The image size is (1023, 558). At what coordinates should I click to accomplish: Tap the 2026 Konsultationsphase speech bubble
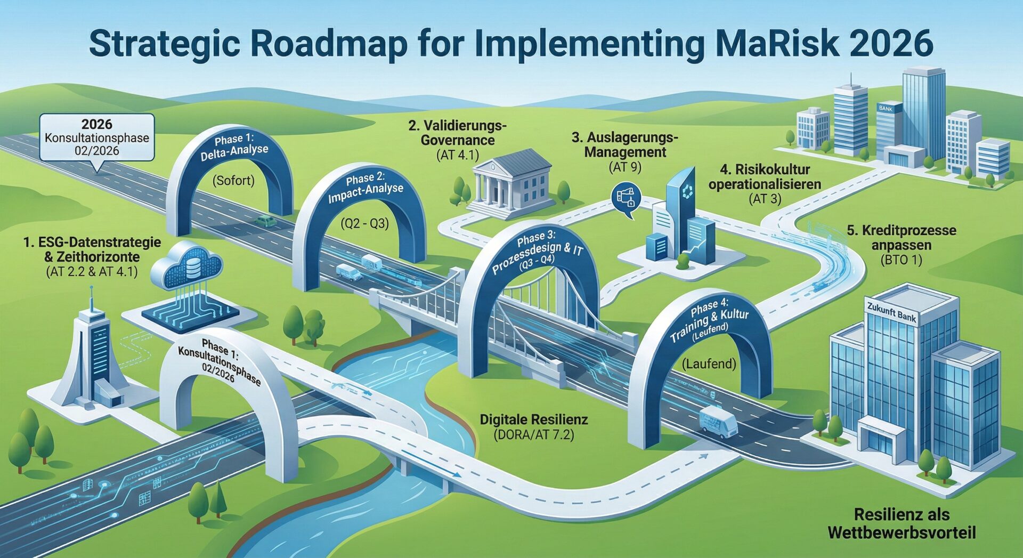pos(97,138)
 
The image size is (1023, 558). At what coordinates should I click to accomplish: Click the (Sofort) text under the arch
pos(233,181)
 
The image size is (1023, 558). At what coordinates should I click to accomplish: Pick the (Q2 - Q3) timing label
pos(365,223)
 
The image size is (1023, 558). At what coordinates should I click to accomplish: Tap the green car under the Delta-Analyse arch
pos(265,221)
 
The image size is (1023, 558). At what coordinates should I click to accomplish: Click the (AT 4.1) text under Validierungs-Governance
pos(457,155)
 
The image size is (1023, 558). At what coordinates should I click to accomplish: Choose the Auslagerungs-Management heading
pos(625,145)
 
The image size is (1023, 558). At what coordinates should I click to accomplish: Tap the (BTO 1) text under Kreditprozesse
pos(902,260)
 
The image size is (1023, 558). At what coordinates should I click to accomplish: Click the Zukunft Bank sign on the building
pos(891,313)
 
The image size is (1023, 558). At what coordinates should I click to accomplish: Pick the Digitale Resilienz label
pos(534,419)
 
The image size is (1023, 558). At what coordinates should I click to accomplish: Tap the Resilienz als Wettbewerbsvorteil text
pos(902,523)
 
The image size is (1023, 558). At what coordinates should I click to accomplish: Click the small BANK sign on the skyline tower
pos(885,108)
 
